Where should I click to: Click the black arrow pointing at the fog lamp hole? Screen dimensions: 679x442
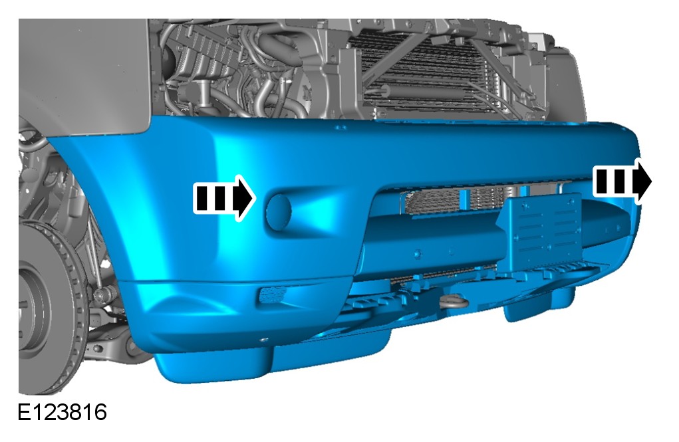(x=224, y=199)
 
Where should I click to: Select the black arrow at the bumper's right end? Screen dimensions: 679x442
(x=622, y=181)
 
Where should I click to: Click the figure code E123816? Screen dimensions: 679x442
(x=62, y=412)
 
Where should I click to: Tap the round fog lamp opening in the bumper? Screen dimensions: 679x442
(x=279, y=212)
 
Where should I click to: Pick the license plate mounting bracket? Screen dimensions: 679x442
(x=543, y=231)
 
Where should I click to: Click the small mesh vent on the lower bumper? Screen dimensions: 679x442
(x=273, y=294)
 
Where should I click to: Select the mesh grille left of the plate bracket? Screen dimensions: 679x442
(x=432, y=202)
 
